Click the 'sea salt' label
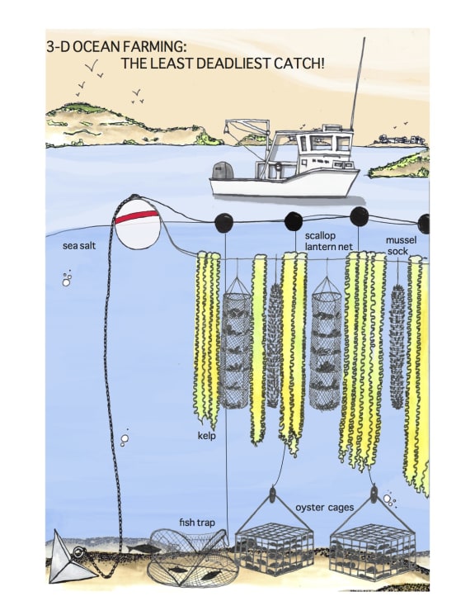[79, 246]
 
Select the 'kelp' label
[206, 436]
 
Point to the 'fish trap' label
[197, 523]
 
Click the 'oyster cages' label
[325, 508]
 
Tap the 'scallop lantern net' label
[328, 241]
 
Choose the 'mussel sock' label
[401, 245]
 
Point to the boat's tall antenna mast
[357, 83]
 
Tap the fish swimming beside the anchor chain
[143, 548]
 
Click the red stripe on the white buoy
[136, 217]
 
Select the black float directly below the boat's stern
[223, 222]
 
